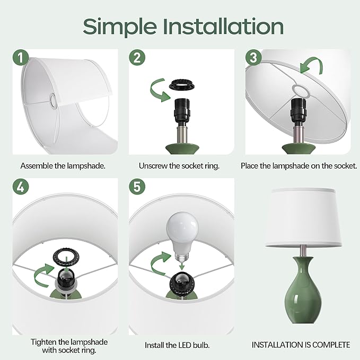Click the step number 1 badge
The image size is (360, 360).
21,57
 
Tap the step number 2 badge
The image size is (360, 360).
137,57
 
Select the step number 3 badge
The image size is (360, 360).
253,57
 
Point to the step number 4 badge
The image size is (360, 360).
21,187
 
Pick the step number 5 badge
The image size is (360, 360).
137,187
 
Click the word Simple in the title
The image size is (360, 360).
120,27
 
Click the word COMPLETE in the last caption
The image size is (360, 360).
331,345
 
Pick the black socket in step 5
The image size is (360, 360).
182,284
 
